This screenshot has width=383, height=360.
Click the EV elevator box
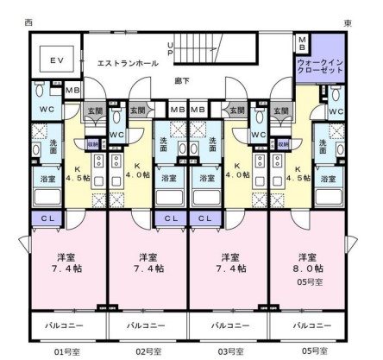pyautogui.click(x=57, y=60)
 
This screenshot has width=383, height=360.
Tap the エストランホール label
pyautogui.click(x=126, y=63)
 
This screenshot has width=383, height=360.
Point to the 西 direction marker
pyautogui.click(x=28, y=22)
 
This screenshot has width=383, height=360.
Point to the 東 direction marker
pyautogui.click(x=347, y=22)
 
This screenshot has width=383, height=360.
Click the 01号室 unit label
pyautogui.click(x=69, y=351)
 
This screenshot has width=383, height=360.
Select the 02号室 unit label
pyautogui.click(x=149, y=351)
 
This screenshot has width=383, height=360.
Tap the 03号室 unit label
pyautogui.click(x=229, y=351)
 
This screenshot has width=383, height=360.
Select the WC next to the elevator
pyautogui.click(x=47, y=108)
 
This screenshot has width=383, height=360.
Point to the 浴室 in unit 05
pyautogui.click(x=327, y=179)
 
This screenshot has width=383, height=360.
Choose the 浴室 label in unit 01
pyautogui.click(x=47, y=179)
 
